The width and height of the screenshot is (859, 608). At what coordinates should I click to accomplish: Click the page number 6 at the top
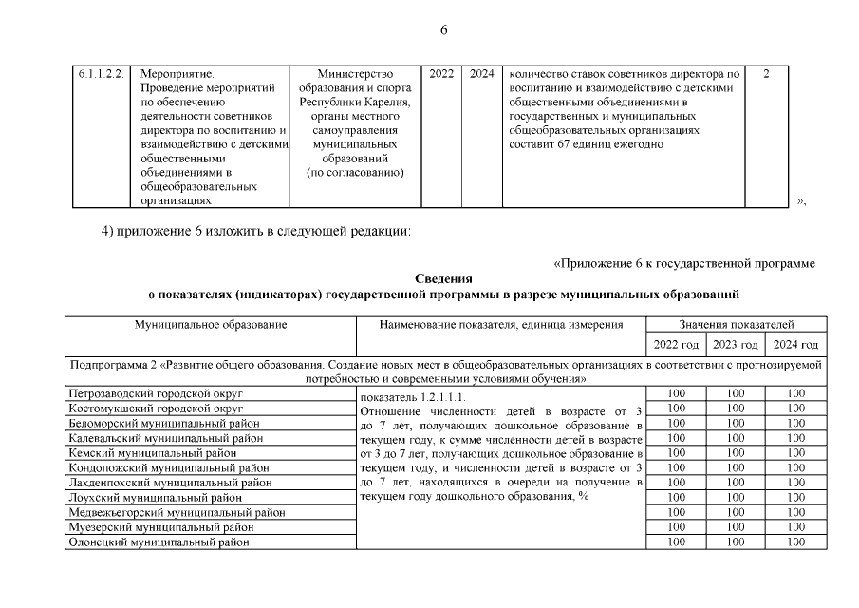443,29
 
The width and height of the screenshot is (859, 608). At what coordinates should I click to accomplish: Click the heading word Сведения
443,278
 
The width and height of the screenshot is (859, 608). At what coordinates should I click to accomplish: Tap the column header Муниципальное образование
210,325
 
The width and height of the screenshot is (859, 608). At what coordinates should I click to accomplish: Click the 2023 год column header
736,344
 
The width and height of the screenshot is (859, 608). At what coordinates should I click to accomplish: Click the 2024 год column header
795,344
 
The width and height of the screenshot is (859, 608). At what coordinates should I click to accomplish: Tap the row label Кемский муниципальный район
153,453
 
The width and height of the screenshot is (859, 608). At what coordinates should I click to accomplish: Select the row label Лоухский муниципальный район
156,498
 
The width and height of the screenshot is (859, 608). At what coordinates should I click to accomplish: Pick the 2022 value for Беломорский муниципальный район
676,423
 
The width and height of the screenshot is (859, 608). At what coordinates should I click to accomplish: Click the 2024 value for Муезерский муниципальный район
795,526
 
